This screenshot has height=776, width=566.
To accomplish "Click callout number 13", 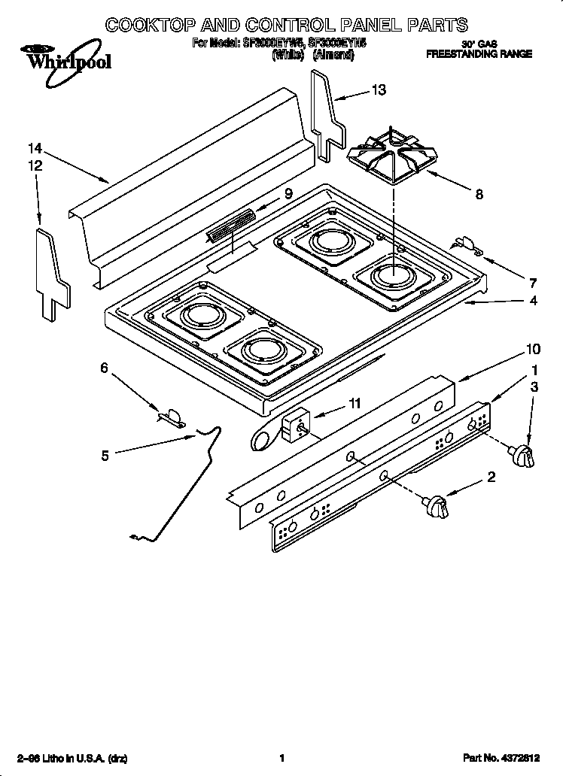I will (x=379, y=90).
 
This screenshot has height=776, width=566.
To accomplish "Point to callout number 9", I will (x=288, y=193).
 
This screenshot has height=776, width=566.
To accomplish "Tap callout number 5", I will (x=105, y=454).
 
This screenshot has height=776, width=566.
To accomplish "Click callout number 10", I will (x=533, y=349).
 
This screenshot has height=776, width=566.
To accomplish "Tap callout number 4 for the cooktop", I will (x=533, y=301).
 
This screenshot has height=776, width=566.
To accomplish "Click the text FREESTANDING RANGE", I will (x=479, y=54).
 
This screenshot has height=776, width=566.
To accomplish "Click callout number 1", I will (x=534, y=370).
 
